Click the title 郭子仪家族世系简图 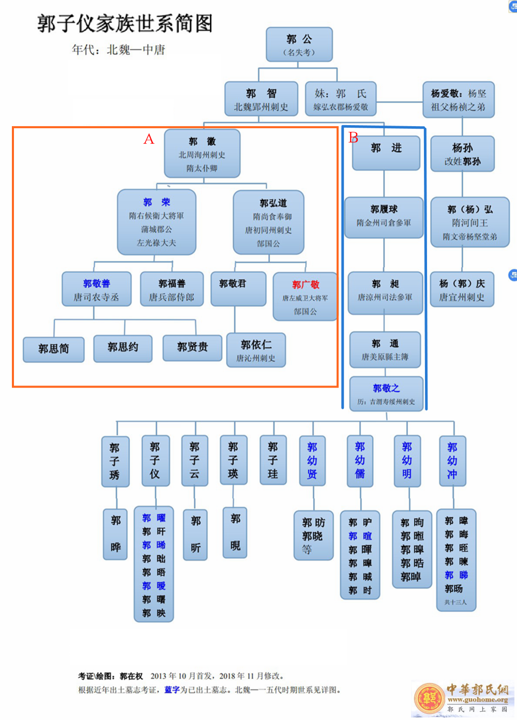coord(125,24)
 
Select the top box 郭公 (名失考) coord(299,44)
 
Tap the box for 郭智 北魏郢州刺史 coord(261,99)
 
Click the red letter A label coord(149,139)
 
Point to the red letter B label coord(354,137)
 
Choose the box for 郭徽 coord(202,154)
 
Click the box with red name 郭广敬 coord(305,297)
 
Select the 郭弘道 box coord(269,222)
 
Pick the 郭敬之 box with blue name coord(386,393)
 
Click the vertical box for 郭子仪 coord(155,461)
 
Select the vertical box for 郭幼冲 coord(452,461)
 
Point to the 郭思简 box coord(54,349)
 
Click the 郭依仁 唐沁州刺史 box coord(256,350)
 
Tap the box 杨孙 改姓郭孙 coord(462,154)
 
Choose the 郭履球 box coord(384,217)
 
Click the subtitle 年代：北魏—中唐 coord(118,50)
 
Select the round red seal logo coord(429,698)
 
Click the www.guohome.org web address coord(478,700)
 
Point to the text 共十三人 coord(455,602)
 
